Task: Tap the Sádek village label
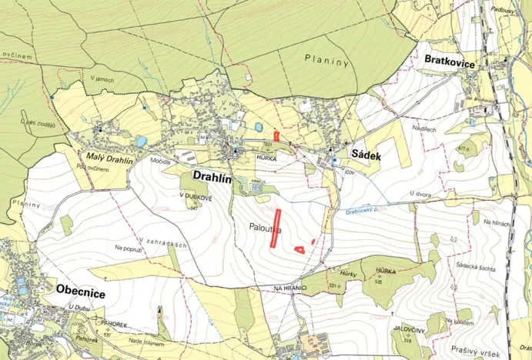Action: point(367,154)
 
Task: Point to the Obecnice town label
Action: point(81,291)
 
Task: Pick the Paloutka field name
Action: point(266,228)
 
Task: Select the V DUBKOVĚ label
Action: point(195,196)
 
